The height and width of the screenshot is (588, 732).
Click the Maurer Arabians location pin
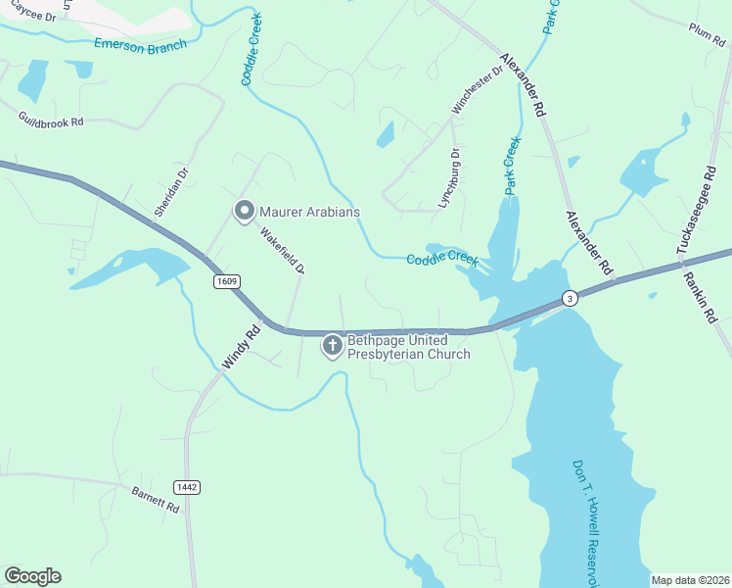click(x=244, y=210)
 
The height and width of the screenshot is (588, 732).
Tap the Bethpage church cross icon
click(x=333, y=345)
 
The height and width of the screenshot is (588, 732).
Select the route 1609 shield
click(x=225, y=281)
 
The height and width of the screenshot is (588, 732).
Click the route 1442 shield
click(x=187, y=487)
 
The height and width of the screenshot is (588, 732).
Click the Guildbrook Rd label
click(x=51, y=120)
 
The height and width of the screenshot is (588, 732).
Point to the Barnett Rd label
click(x=155, y=499)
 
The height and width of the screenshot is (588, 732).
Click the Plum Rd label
click(x=705, y=30)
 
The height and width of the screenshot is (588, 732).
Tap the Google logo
click(x=32, y=576)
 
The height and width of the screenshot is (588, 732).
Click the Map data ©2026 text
click(x=690, y=580)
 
